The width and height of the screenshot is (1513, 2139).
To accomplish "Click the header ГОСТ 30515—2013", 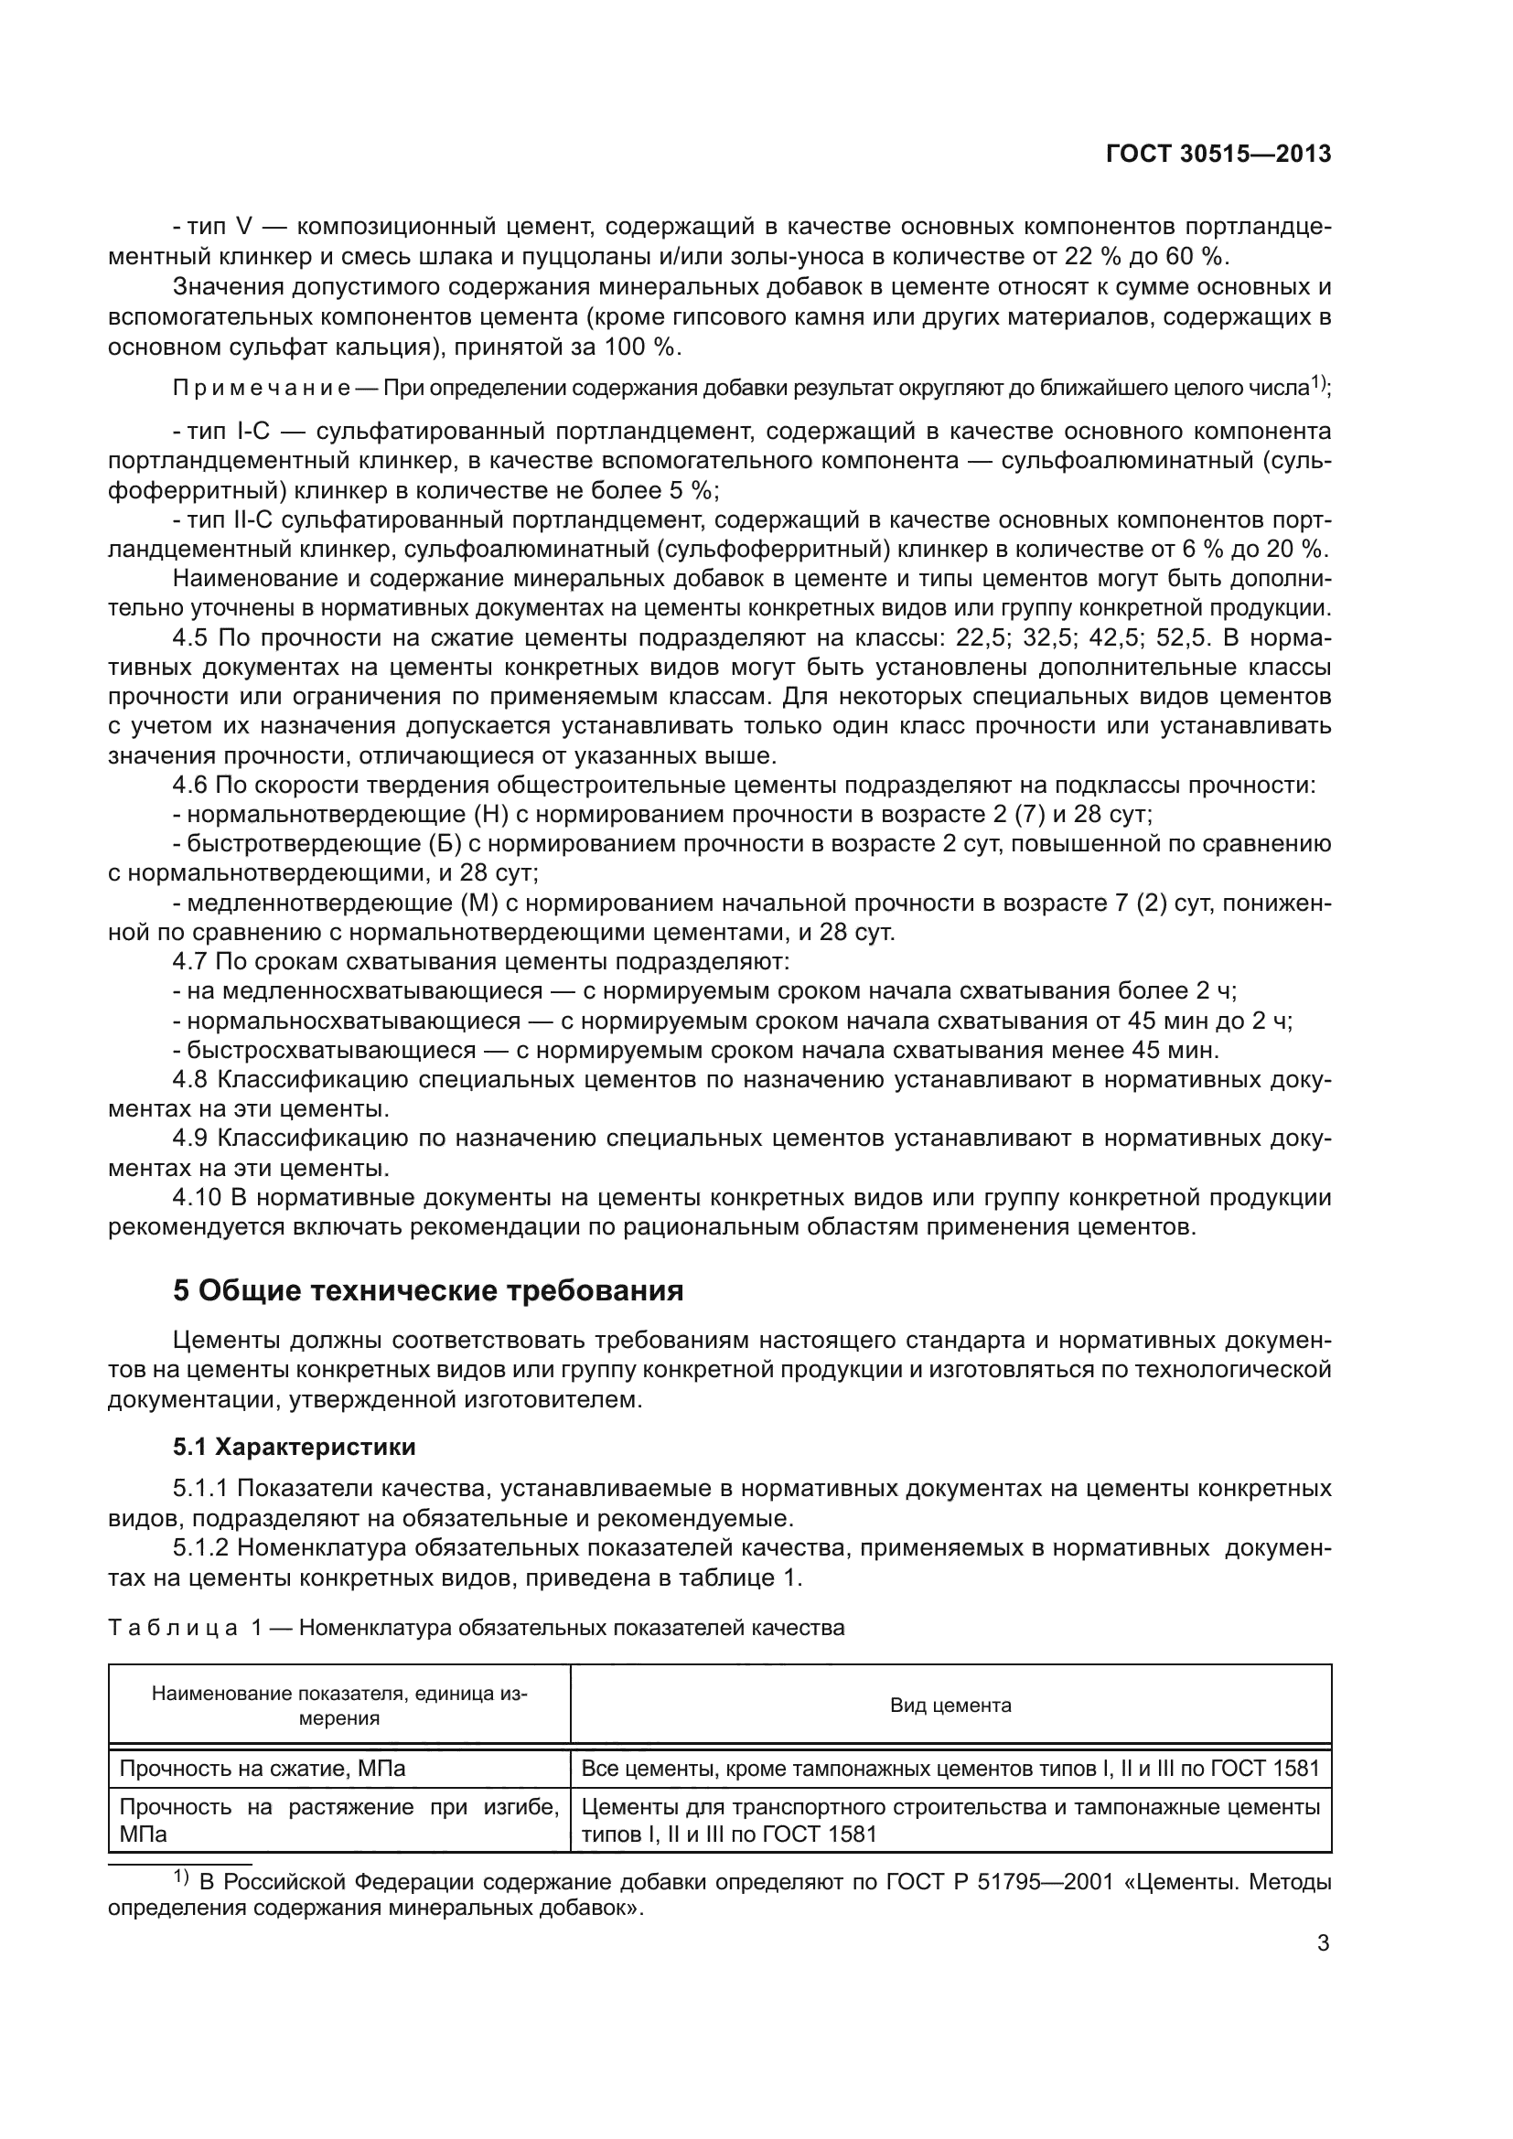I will (1218, 155).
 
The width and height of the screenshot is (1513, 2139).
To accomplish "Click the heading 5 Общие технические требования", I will (427, 1290).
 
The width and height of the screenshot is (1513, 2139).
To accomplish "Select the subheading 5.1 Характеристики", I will (295, 1447).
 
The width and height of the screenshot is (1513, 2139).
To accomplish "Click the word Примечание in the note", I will (262, 388).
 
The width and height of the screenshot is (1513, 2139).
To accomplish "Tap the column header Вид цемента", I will (950, 1706).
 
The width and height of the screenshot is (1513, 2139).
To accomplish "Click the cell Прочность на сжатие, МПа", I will (263, 1769).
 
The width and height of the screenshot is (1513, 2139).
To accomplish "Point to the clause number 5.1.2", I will (202, 1547).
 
